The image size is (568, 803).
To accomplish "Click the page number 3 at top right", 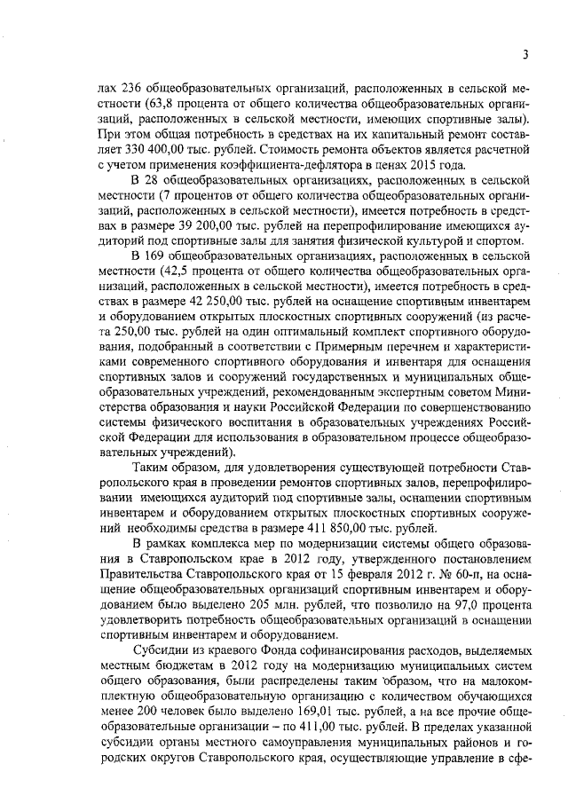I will (x=525, y=55).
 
